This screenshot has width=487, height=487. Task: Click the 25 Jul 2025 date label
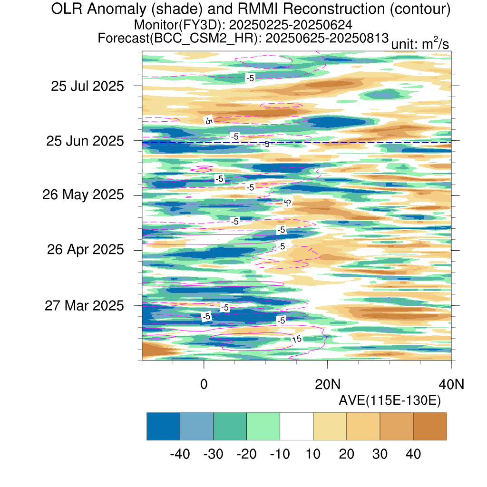tap(88, 86)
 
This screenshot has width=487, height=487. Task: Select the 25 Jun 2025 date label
tap(85, 141)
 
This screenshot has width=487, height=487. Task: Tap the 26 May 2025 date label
tap(83, 195)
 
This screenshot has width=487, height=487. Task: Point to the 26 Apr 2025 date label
tap(86, 249)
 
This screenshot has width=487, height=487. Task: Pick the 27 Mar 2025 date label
tap(84, 306)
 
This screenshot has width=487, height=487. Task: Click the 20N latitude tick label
tap(328, 384)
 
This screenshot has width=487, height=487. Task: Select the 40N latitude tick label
tap(451, 384)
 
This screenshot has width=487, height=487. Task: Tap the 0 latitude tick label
tap(204, 384)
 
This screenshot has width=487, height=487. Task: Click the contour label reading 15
tap(297, 339)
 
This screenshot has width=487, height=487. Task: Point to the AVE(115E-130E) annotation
tap(390, 400)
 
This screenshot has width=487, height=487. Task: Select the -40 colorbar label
tap(180, 454)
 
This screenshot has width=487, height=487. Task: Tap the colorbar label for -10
tap(280, 454)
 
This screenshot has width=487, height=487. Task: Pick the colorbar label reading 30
tap(380, 454)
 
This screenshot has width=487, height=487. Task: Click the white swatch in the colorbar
tap(297, 426)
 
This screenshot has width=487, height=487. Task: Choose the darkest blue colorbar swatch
tap(164, 426)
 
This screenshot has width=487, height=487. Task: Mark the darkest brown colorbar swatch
tap(430, 426)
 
